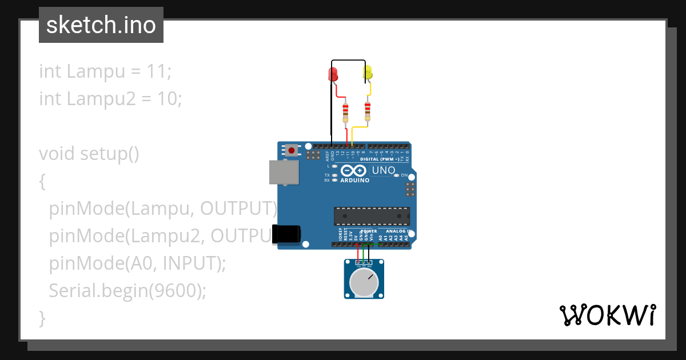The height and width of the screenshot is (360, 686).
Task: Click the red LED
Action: [x=333, y=74]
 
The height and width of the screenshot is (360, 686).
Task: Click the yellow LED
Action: [x=368, y=73]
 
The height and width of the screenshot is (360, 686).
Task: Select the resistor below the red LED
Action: [x=345, y=112]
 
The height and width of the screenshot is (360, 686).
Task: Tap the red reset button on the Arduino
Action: [x=292, y=151]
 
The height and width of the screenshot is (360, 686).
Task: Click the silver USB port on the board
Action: [x=284, y=172]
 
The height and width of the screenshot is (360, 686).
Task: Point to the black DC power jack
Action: [x=286, y=234]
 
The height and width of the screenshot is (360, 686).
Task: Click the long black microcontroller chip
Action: [x=372, y=216]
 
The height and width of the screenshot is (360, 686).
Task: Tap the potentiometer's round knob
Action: [x=364, y=283]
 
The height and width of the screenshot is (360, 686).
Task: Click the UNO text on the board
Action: [x=384, y=170]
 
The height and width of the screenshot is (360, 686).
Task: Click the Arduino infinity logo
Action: [x=353, y=170]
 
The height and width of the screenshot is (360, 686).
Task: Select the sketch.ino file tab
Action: [x=101, y=25]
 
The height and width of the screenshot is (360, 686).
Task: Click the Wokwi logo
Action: [x=607, y=315]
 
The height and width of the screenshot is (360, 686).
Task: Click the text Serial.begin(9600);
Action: [x=127, y=291]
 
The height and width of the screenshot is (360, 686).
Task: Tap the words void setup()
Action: [x=89, y=154]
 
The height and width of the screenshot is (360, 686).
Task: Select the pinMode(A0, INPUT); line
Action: [x=137, y=263]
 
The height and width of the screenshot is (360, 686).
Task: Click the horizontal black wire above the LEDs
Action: [x=348, y=61]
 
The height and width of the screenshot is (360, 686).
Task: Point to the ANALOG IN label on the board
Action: [x=398, y=231]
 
